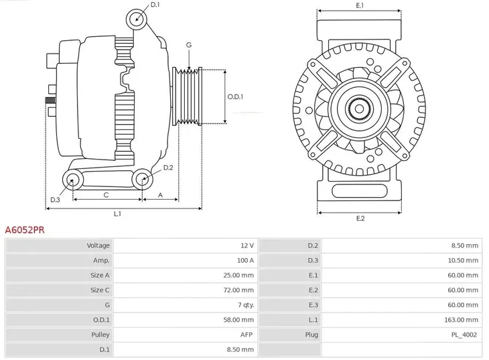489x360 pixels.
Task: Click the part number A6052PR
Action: coord(25,229)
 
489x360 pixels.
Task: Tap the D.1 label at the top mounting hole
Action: coord(155,5)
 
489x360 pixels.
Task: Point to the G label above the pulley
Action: coord(189,45)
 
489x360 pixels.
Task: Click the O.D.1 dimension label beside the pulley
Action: coord(235,96)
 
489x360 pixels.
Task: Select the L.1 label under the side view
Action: coord(117,214)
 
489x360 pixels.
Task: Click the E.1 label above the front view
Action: coord(360,5)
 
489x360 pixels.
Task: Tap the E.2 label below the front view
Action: coord(360,219)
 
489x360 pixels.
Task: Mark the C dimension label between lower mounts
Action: coord(106,194)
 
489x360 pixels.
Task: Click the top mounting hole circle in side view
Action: coord(137,17)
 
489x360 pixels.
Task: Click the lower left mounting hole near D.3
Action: coord(72,179)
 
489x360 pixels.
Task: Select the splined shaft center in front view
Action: coord(359,109)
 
